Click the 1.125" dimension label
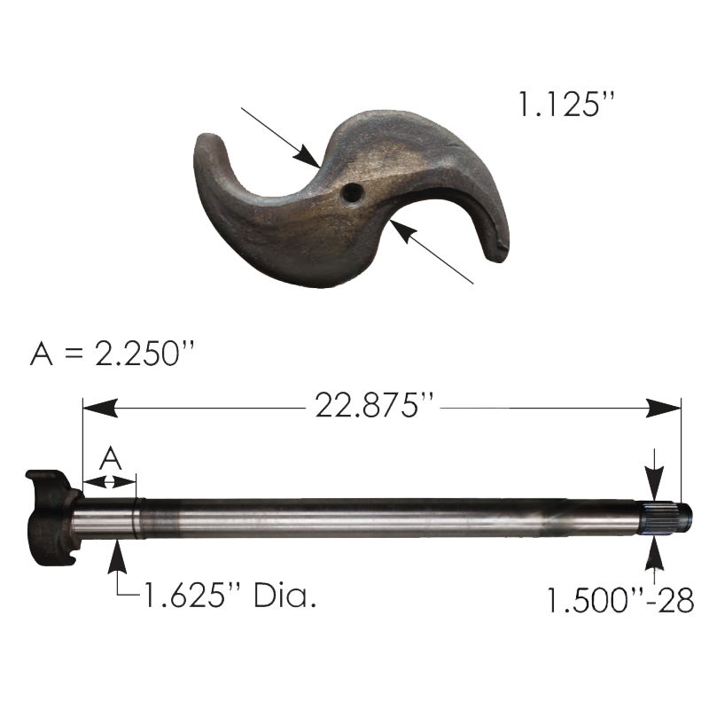point(566,104)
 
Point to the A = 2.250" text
point(113,353)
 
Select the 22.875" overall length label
point(373,405)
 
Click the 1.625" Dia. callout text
point(230,595)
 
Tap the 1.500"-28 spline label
point(620,600)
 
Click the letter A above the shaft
point(110,458)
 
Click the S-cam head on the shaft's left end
point(52,517)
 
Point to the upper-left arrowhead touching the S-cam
point(308,157)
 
